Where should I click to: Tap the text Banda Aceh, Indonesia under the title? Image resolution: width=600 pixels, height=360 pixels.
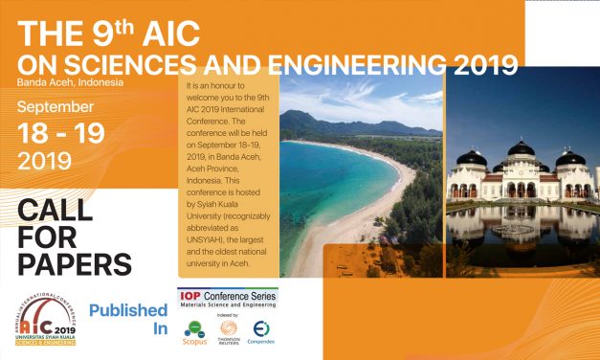[x=69, y=83]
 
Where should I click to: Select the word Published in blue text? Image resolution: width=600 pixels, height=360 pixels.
[x=128, y=310]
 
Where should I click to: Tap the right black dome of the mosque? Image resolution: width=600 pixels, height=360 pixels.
[x=570, y=157]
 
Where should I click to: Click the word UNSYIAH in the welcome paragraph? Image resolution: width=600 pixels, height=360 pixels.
[x=207, y=234]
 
